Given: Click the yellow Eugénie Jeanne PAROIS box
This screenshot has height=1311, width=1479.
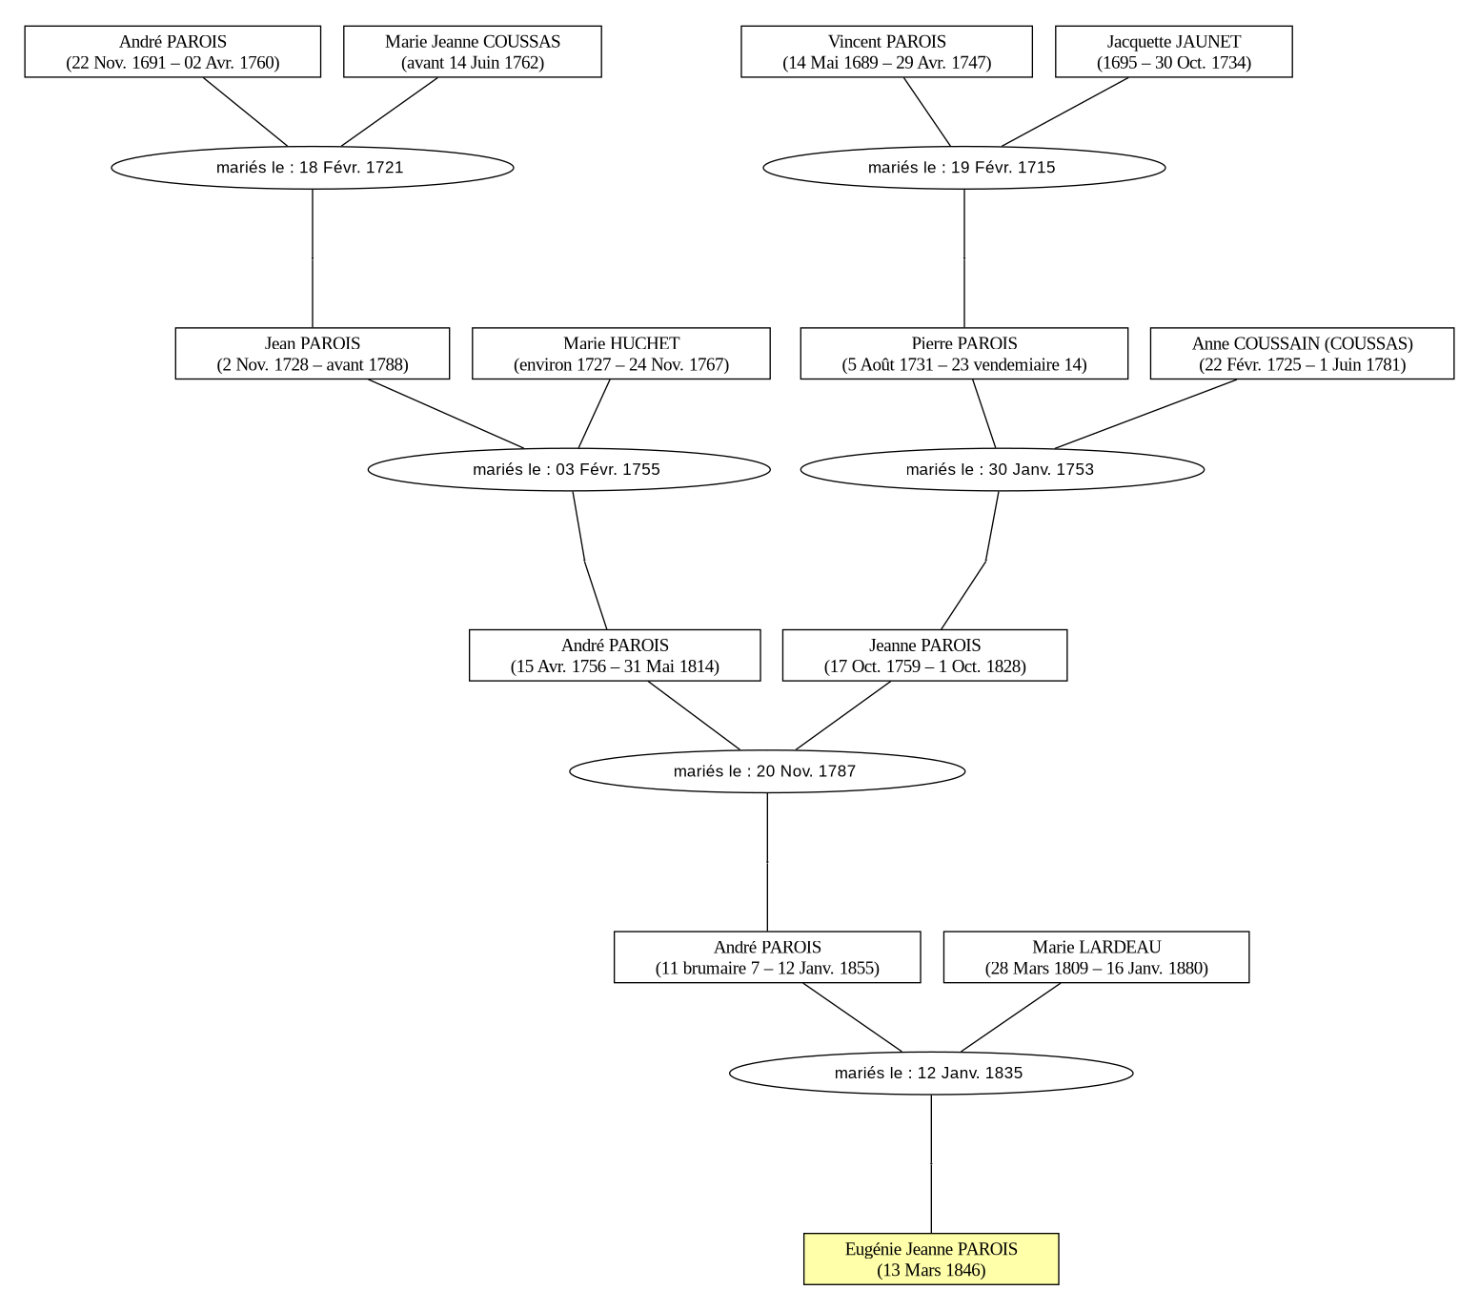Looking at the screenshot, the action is [x=931, y=1259].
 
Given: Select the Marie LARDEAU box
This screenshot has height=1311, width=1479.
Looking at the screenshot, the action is [x=1096, y=957].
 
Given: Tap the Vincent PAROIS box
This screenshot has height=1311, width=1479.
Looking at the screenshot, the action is [x=886, y=51].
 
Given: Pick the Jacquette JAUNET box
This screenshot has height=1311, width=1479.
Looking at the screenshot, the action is [x=1173, y=51].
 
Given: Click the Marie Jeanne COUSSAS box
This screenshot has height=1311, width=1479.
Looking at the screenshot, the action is [x=473, y=51].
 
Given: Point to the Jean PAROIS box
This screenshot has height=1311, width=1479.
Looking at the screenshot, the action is [x=313, y=354].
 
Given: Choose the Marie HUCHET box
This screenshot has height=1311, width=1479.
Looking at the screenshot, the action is [x=621, y=354].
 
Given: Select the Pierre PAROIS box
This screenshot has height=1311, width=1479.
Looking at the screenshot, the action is [x=964, y=354].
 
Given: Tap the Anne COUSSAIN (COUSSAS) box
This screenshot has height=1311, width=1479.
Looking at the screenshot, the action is [x=1302, y=354].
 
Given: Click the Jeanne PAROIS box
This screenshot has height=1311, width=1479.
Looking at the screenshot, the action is [x=924, y=655].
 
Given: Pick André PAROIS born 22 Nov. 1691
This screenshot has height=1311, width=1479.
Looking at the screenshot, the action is [x=172, y=51].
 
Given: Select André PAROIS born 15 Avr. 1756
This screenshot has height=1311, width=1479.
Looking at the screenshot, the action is [x=615, y=655].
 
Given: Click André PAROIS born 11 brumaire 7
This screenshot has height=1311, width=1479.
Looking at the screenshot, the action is [x=767, y=957].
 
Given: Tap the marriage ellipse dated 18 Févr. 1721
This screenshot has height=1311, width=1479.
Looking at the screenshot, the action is [x=313, y=168].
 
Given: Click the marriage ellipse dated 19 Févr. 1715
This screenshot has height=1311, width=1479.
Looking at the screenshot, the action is [x=964, y=168].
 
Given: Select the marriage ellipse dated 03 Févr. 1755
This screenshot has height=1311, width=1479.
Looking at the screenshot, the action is [x=569, y=469].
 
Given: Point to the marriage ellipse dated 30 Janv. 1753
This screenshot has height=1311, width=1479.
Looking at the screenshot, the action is [x=1003, y=469].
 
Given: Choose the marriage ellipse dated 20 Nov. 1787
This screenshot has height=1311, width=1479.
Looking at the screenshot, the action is [x=767, y=771].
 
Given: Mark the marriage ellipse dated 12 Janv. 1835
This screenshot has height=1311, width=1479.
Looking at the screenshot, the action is [x=931, y=1073].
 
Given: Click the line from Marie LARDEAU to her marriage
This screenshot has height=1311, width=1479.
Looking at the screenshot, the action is [x=1011, y=1017].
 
